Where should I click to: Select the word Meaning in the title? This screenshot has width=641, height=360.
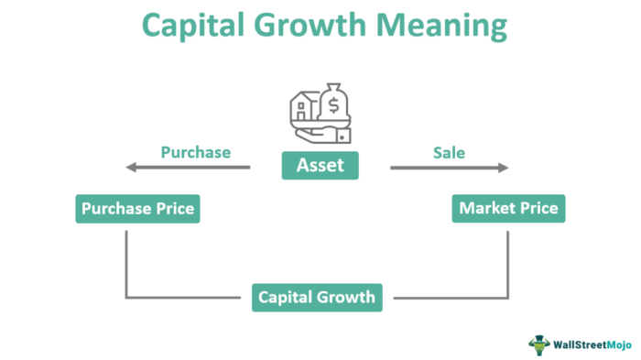(x=446, y=27)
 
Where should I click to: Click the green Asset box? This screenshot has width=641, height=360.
(x=320, y=166)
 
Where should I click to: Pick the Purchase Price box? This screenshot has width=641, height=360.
(x=137, y=209)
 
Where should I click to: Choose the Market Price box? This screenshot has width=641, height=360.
(x=508, y=209)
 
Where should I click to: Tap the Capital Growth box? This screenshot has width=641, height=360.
(x=317, y=297)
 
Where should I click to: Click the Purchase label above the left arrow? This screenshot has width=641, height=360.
(x=195, y=151)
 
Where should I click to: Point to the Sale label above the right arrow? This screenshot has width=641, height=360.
(x=448, y=151)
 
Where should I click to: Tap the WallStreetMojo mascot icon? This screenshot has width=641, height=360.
(x=540, y=344)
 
